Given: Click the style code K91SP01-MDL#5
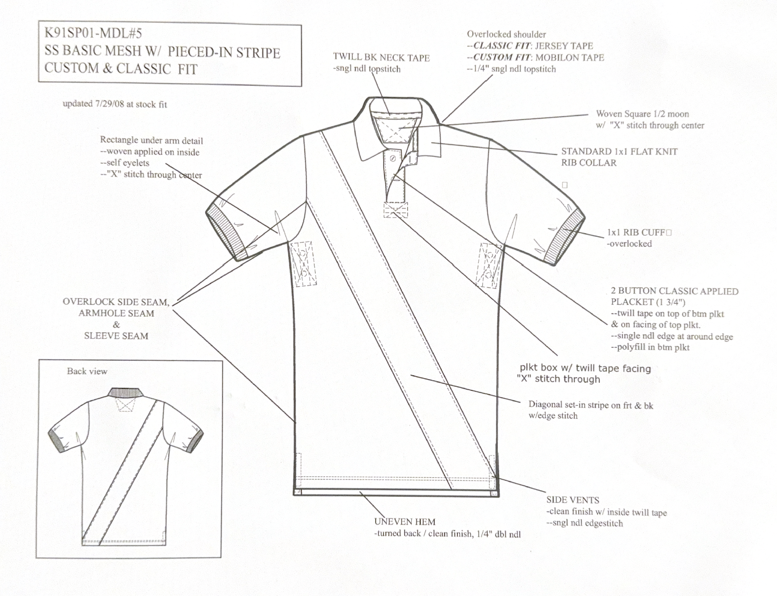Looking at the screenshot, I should [93, 33].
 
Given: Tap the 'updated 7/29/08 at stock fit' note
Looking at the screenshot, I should [115, 104].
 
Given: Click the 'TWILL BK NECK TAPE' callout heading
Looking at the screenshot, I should [381, 58].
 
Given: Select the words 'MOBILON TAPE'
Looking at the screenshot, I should [569, 57].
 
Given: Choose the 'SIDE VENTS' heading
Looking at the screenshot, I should [573, 500].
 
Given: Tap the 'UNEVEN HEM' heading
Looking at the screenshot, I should [404, 522].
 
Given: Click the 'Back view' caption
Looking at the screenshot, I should [87, 371].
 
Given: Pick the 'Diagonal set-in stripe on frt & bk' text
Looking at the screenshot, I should [590, 405].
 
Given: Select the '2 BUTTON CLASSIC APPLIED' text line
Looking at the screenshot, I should [675, 291].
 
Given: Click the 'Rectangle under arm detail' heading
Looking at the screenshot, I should [151, 141].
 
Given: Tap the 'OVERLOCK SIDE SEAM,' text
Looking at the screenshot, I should [116, 302].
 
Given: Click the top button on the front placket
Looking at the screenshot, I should [393, 158].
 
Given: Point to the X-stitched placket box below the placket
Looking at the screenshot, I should [396, 211].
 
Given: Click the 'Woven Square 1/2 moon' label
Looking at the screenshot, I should [642, 114].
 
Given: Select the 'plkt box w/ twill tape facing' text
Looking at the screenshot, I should [585, 369].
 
